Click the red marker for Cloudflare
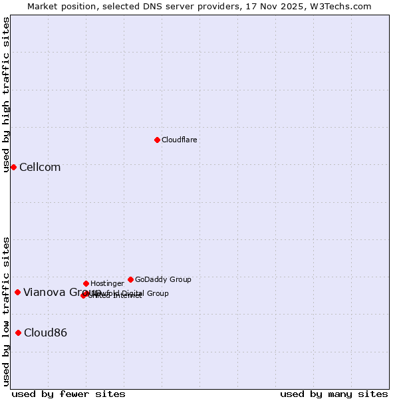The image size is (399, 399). [157, 140]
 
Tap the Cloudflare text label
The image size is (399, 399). [180, 140]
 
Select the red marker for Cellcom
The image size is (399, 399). [13, 167]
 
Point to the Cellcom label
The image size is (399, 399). [40, 168]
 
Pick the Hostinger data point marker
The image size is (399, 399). [86, 283]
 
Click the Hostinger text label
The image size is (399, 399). [107, 283]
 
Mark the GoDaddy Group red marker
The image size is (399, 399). [130, 279]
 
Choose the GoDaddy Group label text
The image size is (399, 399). [163, 279]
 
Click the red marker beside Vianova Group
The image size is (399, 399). [17, 292]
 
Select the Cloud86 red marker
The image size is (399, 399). [18, 332]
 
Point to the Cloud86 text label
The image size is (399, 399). [45, 333]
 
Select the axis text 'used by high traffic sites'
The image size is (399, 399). [6, 94]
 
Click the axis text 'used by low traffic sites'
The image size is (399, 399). [6, 311]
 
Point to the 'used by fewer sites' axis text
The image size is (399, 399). [68, 394]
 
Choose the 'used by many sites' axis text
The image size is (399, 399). [334, 394]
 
